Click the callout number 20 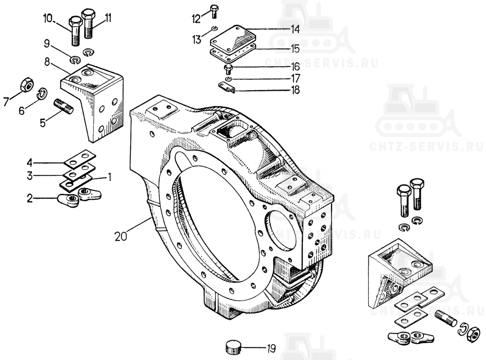[121, 237]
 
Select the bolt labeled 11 [88, 23]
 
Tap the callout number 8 [47, 62]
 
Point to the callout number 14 [295, 30]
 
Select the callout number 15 [295, 49]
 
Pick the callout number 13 [197, 40]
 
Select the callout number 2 [30, 198]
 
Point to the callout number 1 [109, 177]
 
